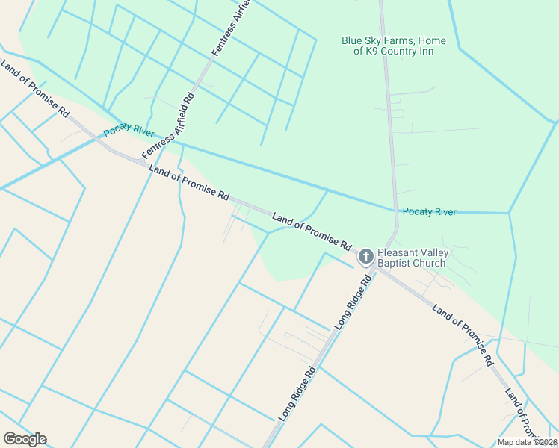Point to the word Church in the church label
430,263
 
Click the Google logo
25,439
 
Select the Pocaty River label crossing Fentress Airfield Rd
129,130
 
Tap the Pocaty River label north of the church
429,212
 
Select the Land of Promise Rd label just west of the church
312,231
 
